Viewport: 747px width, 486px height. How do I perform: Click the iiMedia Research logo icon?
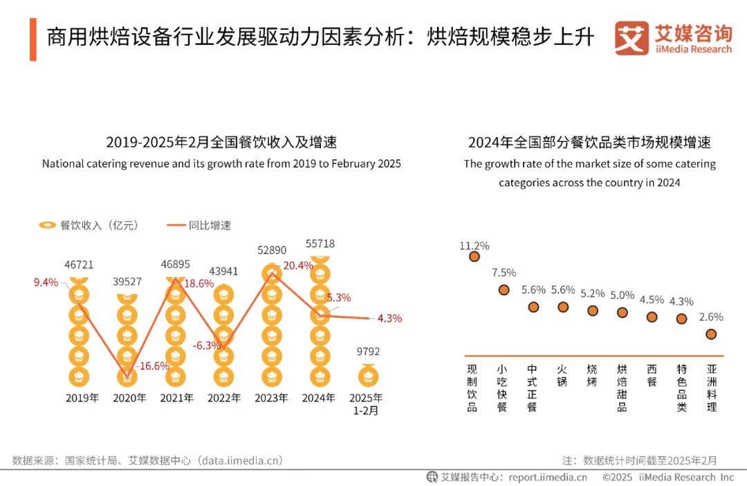631,38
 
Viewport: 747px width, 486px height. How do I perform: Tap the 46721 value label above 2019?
79,264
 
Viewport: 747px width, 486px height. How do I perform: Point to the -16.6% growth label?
152,366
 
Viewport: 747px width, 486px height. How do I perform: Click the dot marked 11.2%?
474,256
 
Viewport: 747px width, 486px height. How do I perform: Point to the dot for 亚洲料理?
711,334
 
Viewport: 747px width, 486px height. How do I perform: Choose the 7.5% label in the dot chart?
504,273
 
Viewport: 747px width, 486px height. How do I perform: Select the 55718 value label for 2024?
320,244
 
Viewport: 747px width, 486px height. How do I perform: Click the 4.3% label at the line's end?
389,318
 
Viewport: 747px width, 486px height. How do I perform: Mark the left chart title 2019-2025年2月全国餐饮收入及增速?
221,143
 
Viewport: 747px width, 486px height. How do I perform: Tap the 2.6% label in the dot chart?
711,317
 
